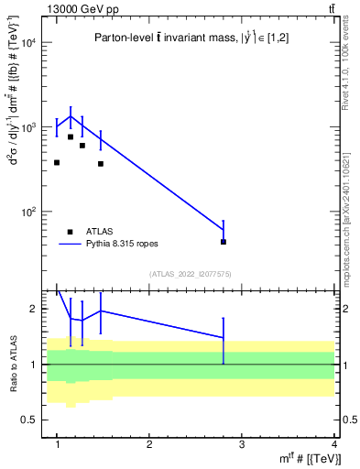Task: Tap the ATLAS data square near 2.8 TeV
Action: [x=224, y=242]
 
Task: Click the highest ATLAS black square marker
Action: [x=71, y=137]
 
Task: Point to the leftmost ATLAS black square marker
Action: [x=57, y=163]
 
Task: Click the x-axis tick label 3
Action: [x=242, y=444]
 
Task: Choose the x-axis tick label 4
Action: [x=334, y=444]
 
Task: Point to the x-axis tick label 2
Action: [x=149, y=444]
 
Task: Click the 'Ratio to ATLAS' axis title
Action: [x=12, y=364]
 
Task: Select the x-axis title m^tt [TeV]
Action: [x=302, y=459]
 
